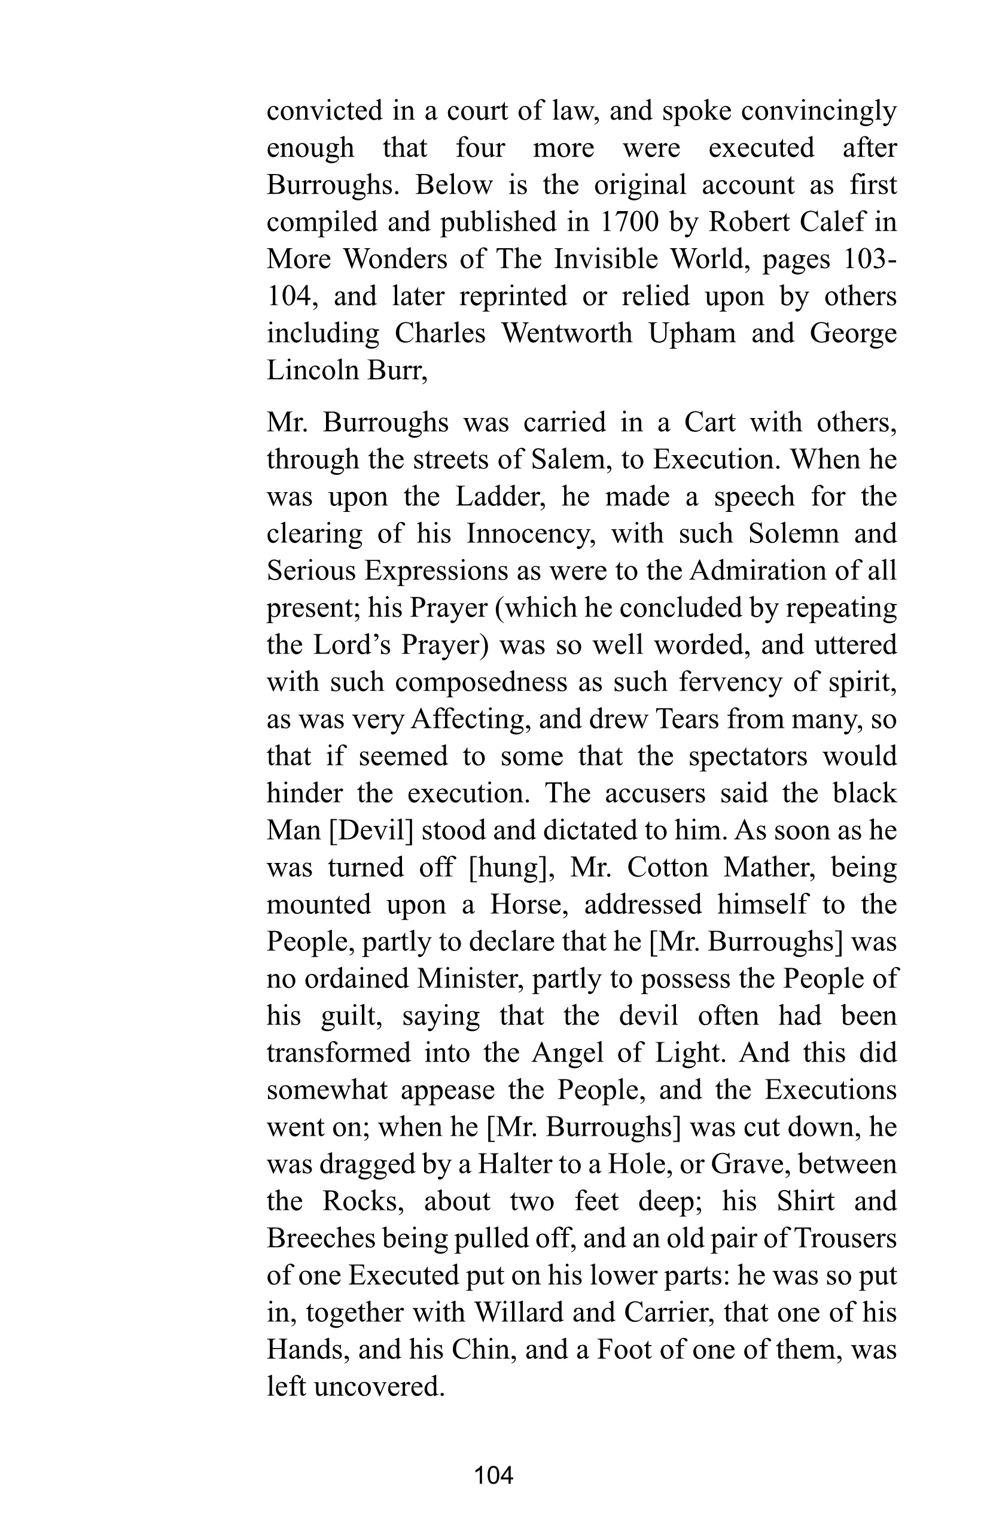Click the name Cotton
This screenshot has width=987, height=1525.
[x=666, y=868]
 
